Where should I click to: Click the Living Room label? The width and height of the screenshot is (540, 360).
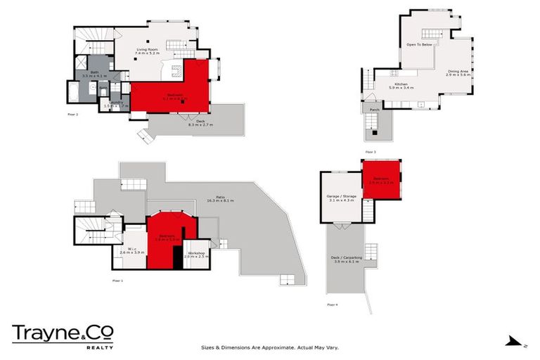[x=148, y=50]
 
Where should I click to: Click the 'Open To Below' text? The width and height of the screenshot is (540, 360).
[x=418, y=44]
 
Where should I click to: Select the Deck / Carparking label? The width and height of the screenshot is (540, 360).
[x=346, y=259]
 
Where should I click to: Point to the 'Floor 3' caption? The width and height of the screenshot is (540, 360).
[x=371, y=151]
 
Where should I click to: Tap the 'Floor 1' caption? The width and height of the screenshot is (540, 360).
[x=117, y=280]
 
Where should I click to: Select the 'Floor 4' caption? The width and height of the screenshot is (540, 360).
[x=332, y=304]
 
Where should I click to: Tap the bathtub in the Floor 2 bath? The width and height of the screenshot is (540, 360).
[x=74, y=92]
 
